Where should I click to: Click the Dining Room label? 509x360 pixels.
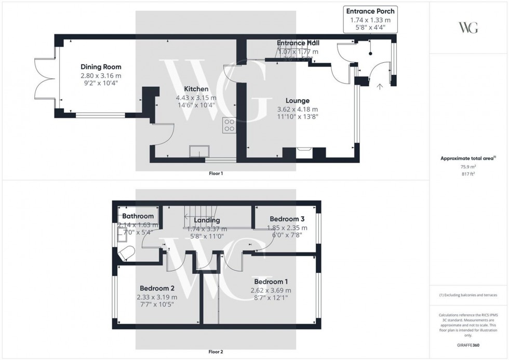tap(101, 66)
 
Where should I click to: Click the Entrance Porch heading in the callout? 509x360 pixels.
tap(370, 11)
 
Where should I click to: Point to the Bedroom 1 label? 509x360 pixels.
tap(271, 282)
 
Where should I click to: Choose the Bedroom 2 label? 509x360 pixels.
tap(156, 288)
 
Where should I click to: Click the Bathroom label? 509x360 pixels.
tap(138, 216)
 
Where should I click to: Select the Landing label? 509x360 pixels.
tap(207, 220)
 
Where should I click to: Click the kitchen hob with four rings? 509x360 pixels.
tap(229, 125)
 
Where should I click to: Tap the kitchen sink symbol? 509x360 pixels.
tap(199, 151)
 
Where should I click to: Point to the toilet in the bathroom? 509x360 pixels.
tap(126, 254)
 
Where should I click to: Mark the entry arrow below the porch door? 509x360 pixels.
tap(380, 87)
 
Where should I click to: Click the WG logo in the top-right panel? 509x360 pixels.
tap(468, 28)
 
